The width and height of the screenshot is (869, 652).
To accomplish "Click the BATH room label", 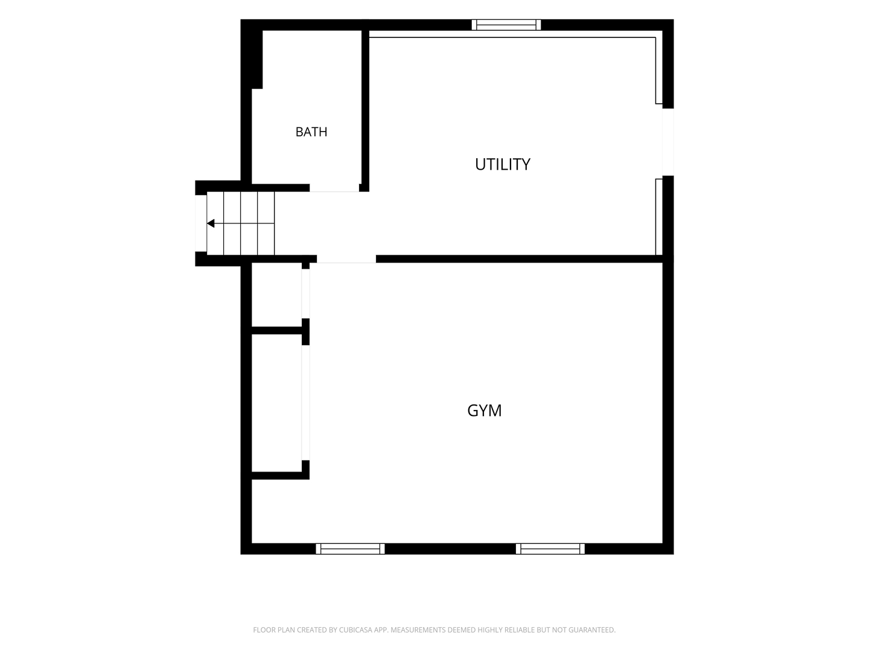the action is pyautogui.click(x=311, y=132).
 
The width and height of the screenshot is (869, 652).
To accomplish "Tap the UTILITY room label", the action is pyautogui.click(x=503, y=164).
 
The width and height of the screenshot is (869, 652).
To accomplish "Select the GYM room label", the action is pyautogui.click(x=484, y=411).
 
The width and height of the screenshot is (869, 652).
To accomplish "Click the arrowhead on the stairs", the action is pyautogui.click(x=211, y=223).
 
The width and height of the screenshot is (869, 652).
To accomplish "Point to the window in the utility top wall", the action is pyautogui.click(x=506, y=25).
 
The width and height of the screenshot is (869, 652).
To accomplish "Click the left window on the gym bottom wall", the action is pyautogui.click(x=350, y=549).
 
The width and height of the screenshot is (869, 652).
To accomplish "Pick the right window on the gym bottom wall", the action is pyautogui.click(x=550, y=549).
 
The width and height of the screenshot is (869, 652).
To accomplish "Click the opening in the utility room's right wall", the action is pyautogui.click(x=668, y=142).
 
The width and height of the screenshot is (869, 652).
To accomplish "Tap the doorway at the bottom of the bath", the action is pyautogui.click(x=334, y=188).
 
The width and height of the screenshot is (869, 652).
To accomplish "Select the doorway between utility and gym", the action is pyautogui.click(x=346, y=259).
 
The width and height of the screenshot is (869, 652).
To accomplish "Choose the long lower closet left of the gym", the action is pyautogui.click(x=277, y=403).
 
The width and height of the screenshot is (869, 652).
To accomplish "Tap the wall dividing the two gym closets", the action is pyautogui.click(x=277, y=331).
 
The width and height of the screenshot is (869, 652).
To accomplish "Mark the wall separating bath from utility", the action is pyautogui.click(x=366, y=107).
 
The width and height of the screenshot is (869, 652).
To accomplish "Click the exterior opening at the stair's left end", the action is pyautogui.click(x=201, y=223).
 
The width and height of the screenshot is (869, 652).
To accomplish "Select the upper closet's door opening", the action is pyautogui.click(x=305, y=294).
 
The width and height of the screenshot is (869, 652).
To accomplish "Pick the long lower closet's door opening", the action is pyautogui.click(x=305, y=403).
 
